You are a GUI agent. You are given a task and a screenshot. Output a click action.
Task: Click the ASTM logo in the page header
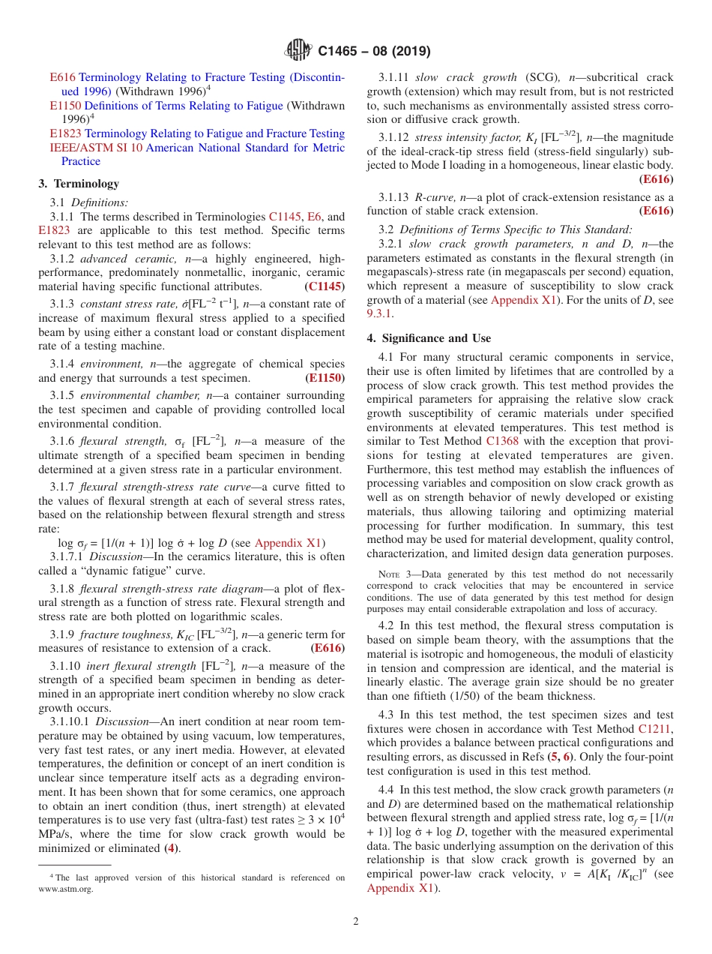click(x=299, y=51)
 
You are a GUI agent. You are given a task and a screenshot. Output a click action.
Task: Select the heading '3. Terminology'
click(x=79, y=184)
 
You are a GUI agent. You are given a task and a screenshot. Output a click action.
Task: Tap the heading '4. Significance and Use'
click(x=429, y=338)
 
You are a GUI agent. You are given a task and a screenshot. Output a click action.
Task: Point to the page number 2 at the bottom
click(x=356, y=921)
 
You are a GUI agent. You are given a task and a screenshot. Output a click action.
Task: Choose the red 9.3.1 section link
click(x=380, y=314)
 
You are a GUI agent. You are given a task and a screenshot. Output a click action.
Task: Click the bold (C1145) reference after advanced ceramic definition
click(x=325, y=286)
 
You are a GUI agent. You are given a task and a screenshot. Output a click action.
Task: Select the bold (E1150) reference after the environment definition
click(x=325, y=378)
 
